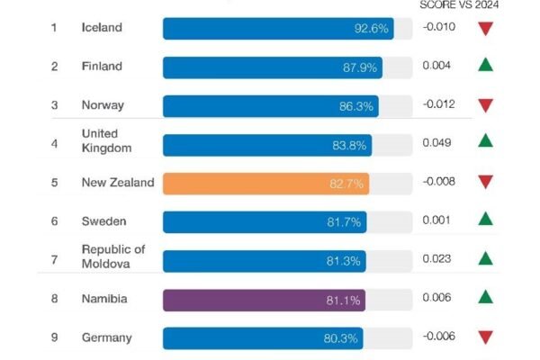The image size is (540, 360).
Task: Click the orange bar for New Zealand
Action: (265, 184)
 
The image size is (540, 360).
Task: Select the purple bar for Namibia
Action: (264, 300)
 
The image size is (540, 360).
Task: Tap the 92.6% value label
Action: (371, 28)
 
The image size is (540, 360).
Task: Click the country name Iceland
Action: (102, 27)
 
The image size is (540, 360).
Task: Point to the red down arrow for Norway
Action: (486, 105)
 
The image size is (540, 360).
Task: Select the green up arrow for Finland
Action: (486, 65)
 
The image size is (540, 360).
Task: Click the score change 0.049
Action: (436, 142)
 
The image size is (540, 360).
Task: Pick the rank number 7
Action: (54, 259)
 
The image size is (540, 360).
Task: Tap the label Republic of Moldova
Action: (113, 256)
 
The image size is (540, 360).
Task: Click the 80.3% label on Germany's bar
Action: (340, 338)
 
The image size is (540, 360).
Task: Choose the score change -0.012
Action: (439, 104)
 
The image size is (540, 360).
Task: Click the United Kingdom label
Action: (107, 141)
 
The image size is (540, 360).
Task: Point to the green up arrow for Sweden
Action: (486, 219)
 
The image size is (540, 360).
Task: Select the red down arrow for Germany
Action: (486, 337)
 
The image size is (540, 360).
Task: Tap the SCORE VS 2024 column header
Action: (459, 4)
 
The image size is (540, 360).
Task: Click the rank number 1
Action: (54, 27)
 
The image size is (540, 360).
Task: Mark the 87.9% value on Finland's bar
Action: (360, 67)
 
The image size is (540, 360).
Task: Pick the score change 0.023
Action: (436, 258)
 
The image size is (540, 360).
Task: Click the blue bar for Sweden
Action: (265, 222)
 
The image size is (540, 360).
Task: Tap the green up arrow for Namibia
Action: (486, 297)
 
